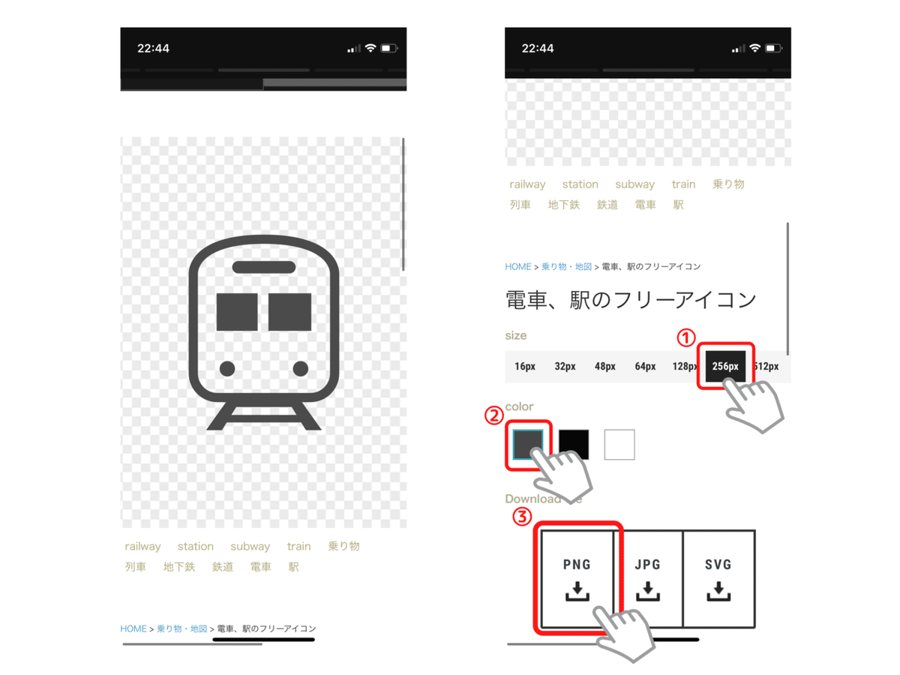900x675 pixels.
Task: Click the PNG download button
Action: [x=577, y=578]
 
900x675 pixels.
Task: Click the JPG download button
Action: [x=647, y=578]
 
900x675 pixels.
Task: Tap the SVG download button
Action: [x=718, y=578]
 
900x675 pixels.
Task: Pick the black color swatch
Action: [x=574, y=445]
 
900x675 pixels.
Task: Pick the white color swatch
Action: [x=619, y=445]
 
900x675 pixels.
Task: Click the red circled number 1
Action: [x=686, y=338]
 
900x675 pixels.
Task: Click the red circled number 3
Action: [x=523, y=517]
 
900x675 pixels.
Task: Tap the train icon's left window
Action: [x=237, y=313]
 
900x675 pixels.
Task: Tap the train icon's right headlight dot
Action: [x=301, y=369]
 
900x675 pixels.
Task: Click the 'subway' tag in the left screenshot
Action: [x=250, y=546]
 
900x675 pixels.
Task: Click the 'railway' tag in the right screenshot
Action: [x=527, y=184]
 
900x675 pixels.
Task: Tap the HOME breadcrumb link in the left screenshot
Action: [x=133, y=628]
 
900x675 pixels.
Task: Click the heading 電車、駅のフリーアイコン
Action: [x=631, y=300]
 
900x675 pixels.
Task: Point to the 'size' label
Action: [x=516, y=335]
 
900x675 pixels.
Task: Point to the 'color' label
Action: [x=519, y=406]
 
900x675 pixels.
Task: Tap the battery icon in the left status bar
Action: [x=388, y=49]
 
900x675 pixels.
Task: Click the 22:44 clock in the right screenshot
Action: [x=538, y=49]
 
